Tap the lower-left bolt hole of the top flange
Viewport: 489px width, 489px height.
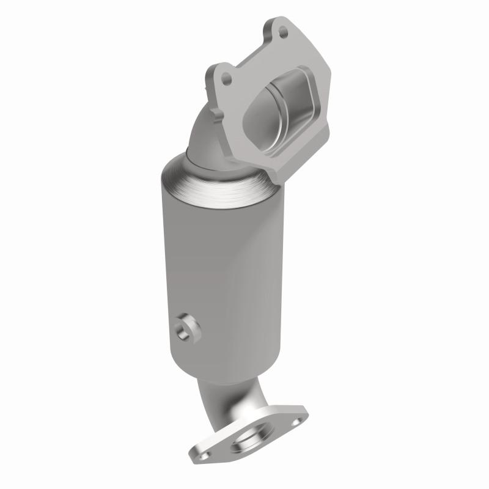pos(227,78)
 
